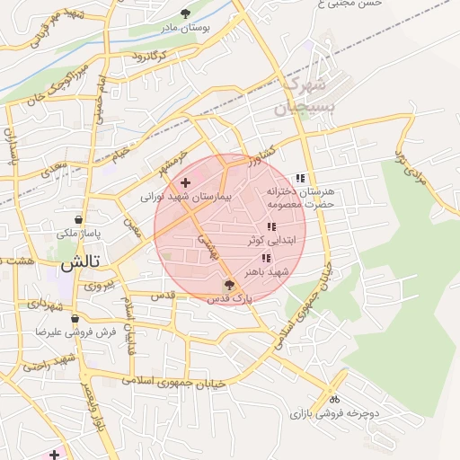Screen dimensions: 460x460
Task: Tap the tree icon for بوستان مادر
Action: (x=185, y=13)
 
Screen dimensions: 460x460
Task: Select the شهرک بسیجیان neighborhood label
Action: (x=296, y=97)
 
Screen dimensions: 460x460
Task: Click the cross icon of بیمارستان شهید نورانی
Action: (x=185, y=182)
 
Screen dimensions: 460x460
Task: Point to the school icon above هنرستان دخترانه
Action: (x=300, y=178)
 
